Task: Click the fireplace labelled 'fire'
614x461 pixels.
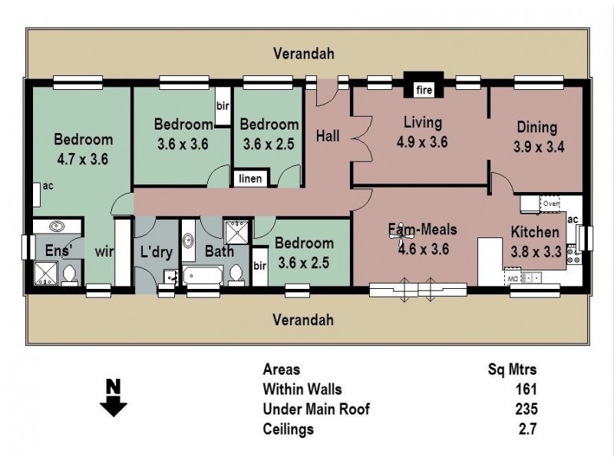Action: coord(424,90)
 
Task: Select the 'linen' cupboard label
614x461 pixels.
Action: coord(249,179)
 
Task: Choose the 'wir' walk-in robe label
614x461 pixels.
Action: coord(104,250)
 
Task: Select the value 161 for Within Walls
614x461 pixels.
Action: coord(526,389)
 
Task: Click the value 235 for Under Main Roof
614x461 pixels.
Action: coord(526,410)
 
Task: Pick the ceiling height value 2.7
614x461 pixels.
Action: coord(526,429)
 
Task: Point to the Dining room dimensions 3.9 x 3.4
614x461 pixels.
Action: coord(539,147)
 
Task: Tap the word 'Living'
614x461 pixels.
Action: coord(421,122)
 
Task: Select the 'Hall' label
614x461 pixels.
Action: coord(328,136)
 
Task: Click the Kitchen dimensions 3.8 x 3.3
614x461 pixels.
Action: coord(536,250)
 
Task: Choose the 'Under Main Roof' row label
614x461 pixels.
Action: coord(315,410)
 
